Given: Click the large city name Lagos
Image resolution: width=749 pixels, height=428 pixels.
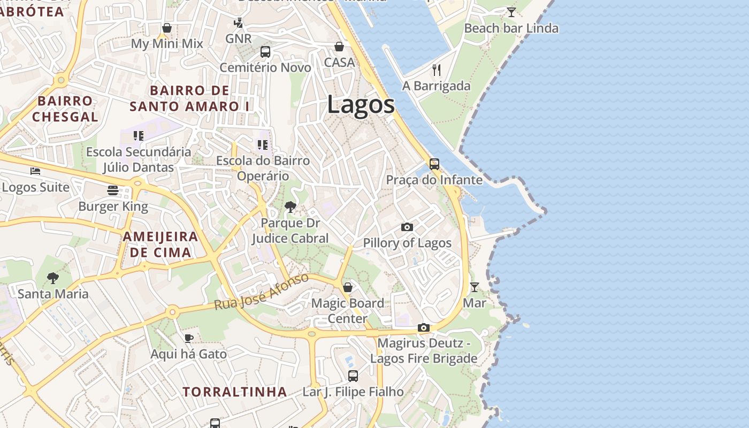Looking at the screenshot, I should (361, 104).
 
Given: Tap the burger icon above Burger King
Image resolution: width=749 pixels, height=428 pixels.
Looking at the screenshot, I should (112, 190).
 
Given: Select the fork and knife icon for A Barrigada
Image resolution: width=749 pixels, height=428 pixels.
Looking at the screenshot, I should (437, 70).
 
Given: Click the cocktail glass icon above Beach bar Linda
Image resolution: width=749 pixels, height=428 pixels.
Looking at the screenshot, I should (511, 12).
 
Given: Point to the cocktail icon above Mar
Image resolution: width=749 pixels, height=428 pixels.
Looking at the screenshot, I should (474, 287).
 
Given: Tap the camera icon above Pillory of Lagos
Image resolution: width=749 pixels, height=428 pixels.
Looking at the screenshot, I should (407, 227).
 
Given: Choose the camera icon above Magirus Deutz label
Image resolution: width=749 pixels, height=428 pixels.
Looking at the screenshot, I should (424, 327).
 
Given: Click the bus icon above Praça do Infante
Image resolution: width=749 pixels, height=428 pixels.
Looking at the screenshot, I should (434, 164).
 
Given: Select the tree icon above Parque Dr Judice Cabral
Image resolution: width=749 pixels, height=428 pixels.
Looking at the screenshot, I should (291, 207).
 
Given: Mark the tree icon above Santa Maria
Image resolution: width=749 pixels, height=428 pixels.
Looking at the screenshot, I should (52, 278).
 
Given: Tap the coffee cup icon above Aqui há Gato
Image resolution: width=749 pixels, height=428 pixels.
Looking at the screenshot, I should (188, 338).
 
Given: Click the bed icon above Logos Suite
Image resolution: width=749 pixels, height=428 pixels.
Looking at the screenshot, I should (35, 171).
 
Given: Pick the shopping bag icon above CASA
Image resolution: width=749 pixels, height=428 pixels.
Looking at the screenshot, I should (339, 47).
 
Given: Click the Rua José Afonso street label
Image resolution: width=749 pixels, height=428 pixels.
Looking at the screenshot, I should (262, 292).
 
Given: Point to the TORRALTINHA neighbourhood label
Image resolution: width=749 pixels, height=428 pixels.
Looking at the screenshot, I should (235, 392).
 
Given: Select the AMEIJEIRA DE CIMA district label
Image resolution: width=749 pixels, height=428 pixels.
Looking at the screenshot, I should (160, 244).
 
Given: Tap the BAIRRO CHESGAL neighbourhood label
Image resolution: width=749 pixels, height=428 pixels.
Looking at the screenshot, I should (65, 109).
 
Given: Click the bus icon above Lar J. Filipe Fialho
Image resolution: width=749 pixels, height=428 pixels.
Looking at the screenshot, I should (353, 376).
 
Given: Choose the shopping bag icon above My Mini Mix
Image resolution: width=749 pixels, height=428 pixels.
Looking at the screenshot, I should (167, 28).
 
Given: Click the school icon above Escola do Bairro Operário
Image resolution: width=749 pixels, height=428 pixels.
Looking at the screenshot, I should (262, 144).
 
